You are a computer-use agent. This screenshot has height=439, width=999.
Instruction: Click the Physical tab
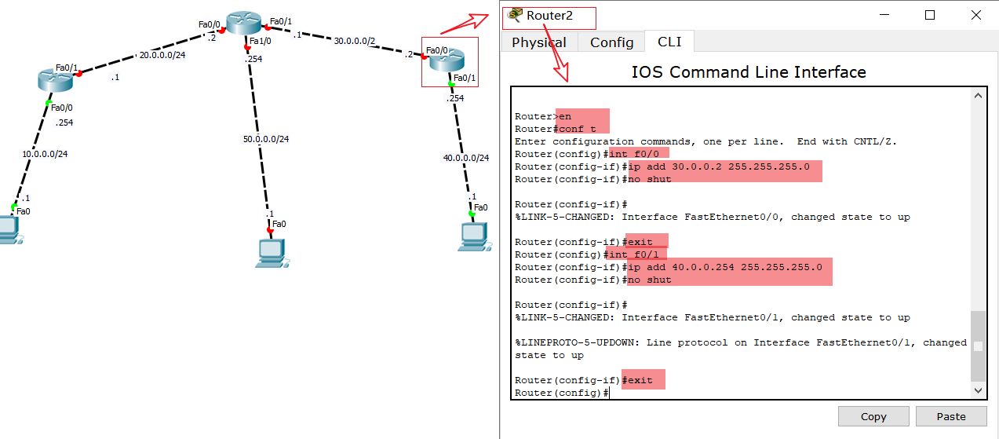(x=538, y=42)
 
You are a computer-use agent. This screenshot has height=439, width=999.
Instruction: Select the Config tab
(x=611, y=42)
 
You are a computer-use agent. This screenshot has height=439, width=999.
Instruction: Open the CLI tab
(x=669, y=42)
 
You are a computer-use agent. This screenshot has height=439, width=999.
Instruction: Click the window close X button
(x=975, y=15)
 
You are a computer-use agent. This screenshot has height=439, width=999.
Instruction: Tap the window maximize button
(x=930, y=15)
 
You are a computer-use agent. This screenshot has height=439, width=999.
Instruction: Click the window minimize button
(x=884, y=15)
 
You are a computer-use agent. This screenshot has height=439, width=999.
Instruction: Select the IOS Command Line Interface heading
(x=749, y=72)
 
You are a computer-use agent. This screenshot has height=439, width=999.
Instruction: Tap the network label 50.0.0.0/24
(x=266, y=139)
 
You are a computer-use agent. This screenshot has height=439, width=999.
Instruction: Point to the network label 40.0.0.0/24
(x=466, y=158)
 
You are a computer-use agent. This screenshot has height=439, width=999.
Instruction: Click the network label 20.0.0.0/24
(x=162, y=55)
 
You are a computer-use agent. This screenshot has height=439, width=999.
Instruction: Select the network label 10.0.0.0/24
(x=45, y=154)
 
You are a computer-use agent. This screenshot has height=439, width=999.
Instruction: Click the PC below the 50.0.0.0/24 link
(x=270, y=251)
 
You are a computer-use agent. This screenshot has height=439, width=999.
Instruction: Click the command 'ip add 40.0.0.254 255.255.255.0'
(x=725, y=267)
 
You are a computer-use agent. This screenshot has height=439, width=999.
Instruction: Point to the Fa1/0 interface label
(x=260, y=42)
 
